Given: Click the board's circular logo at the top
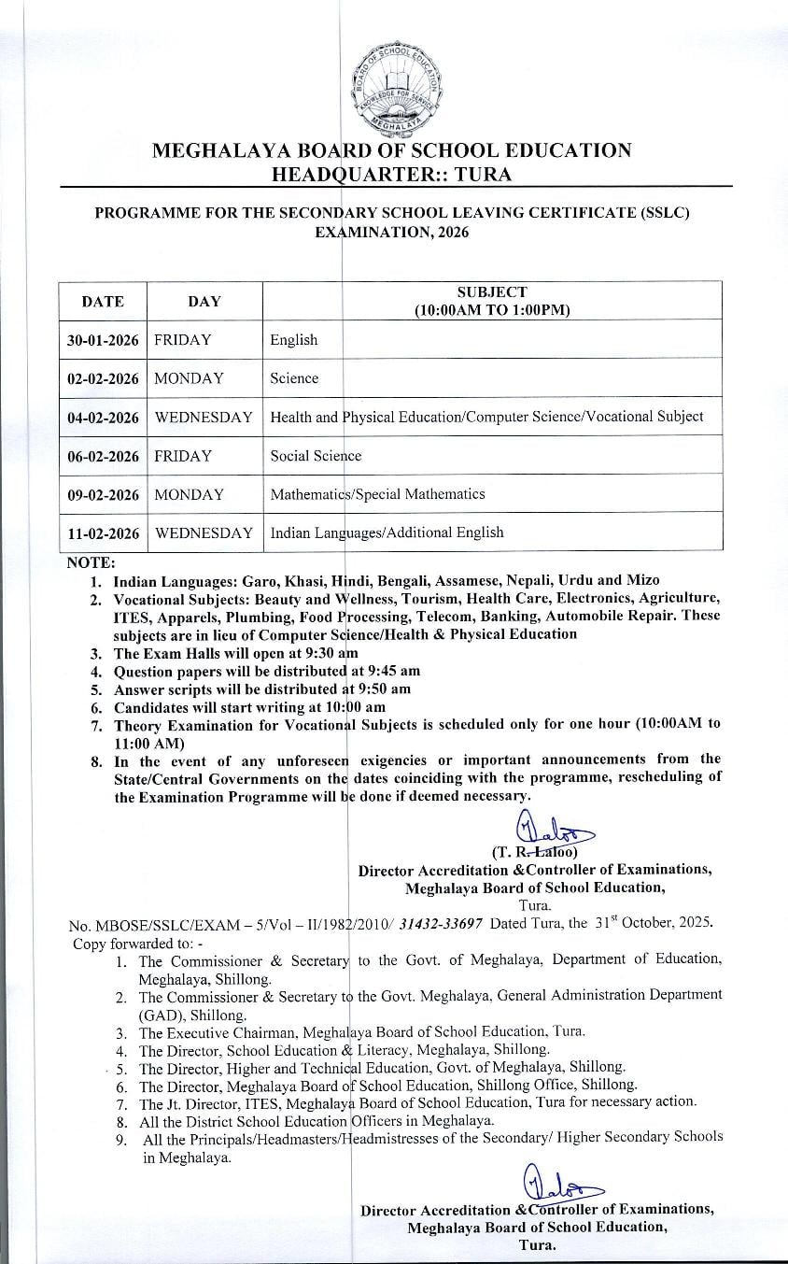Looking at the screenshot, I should click(x=394, y=88).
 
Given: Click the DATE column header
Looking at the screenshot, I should click(x=103, y=301).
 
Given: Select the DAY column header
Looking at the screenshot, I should click(x=204, y=301).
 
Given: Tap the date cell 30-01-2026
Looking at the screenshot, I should click(x=103, y=340).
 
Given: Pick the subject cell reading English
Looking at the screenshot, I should click(x=294, y=340).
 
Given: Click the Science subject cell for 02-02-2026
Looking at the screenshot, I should click(x=294, y=378).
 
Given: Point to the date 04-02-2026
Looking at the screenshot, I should click(x=103, y=417).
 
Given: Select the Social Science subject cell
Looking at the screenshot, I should click(x=316, y=456).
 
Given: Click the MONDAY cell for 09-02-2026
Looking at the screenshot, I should click(x=190, y=494).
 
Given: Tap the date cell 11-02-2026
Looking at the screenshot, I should click(x=103, y=533).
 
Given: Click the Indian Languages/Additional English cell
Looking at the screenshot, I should click(x=387, y=533).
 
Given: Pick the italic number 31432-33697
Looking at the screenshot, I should click(x=441, y=924).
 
